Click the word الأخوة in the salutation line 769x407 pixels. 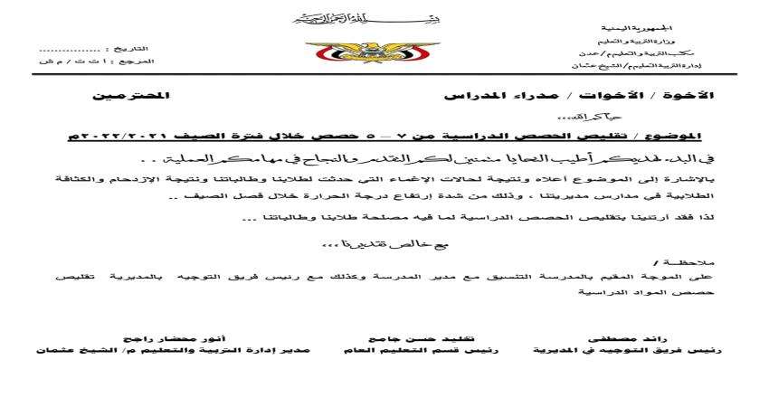tap(691, 94)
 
